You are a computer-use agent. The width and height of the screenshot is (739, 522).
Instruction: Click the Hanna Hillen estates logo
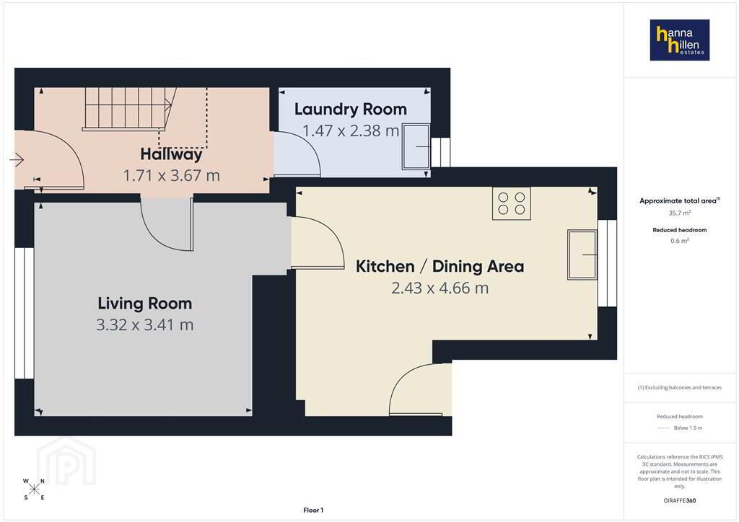(680, 40)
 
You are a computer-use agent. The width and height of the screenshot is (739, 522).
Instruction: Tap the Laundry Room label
(351, 109)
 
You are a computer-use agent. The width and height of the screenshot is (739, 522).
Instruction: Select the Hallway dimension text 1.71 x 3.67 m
(172, 176)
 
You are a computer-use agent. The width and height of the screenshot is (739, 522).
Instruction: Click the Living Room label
(144, 304)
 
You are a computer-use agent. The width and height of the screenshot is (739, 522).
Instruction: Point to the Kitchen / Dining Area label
(440, 267)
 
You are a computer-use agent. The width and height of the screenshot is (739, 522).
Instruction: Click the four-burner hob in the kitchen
(512, 203)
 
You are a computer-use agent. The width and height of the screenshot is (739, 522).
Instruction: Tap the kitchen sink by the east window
(582, 255)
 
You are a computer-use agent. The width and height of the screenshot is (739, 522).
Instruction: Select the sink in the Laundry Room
(416, 146)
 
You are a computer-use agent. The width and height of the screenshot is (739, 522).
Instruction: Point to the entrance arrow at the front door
(17, 160)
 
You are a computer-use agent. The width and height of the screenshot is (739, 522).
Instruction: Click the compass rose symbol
(34, 489)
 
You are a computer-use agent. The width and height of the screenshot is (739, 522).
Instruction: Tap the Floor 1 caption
(313, 510)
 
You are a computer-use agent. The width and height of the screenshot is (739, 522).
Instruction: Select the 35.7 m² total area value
(680, 213)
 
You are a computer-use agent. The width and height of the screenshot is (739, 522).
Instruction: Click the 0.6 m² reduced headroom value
(680, 241)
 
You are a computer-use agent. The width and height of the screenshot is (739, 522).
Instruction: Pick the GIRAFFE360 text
(680, 500)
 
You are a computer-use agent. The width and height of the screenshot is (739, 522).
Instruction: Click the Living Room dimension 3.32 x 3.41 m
(144, 324)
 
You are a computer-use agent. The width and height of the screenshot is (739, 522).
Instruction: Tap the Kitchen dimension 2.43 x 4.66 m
(440, 288)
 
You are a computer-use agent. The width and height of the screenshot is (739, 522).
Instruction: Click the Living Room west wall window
(24, 313)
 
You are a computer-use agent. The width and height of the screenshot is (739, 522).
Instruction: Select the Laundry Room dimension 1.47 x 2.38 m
(351, 130)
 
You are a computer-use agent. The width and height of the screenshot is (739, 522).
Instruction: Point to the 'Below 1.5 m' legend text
(688, 428)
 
